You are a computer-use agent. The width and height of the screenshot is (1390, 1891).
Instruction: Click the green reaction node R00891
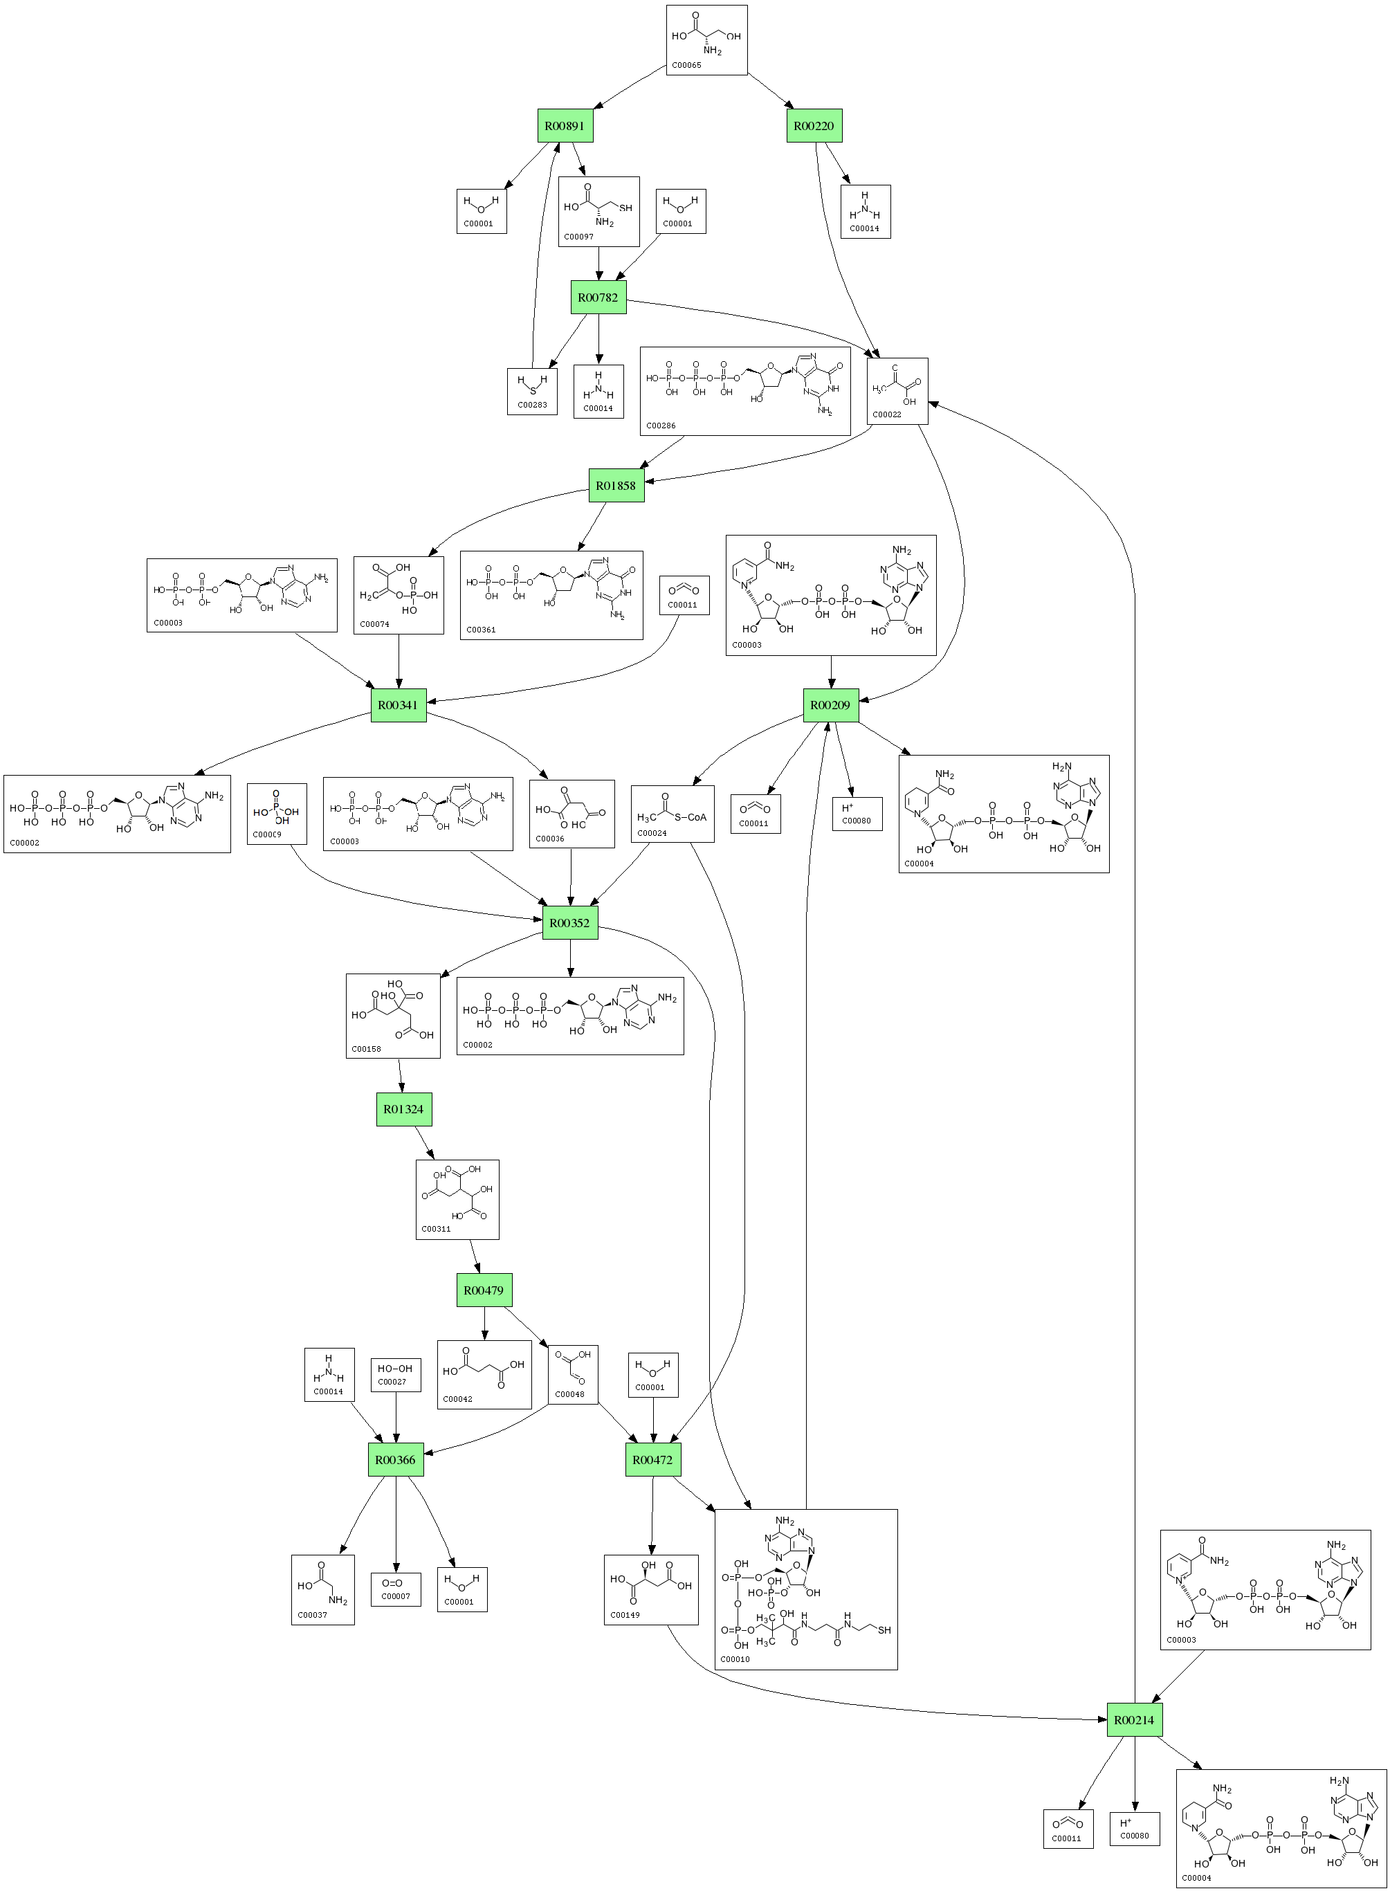pyautogui.click(x=565, y=126)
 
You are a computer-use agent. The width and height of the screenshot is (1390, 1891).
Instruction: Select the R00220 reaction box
pyautogui.click(x=814, y=126)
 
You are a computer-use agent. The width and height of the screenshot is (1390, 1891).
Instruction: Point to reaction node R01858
pyautogui.click(x=616, y=485)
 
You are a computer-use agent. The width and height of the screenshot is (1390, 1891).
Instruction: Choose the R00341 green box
pyautogui.click(x=398, y=705)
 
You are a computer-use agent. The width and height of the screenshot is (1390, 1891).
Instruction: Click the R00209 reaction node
pyautogui.click(x=830, y=705)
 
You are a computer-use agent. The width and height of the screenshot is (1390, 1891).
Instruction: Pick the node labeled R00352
pyautogui.click(x=569, y=923)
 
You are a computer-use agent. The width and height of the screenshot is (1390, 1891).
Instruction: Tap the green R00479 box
pyautogui.click(x=484, y=1290)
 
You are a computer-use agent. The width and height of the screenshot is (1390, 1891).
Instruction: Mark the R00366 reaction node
pyautogui.click(x=396, y=1459)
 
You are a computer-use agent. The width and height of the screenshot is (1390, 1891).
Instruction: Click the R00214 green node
pyautogui.click(x=1133, y=1720)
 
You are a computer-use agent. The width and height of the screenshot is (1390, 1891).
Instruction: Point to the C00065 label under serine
pyautogui.click(x=686, y=65)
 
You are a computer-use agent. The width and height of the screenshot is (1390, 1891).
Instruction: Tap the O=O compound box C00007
pyautogui.click(x=396, y=1588)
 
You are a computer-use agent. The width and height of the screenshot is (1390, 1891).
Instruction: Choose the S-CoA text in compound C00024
pyautogui.click(x=690, y=816)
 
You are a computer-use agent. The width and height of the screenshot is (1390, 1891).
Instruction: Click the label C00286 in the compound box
pyautogui.click(x=661, y=426)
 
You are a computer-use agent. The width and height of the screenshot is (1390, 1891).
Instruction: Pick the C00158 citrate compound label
pyautogui.click(x=366, y=1049)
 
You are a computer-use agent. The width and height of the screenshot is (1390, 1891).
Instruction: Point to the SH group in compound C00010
pyautogui.click(x=884, y=1630)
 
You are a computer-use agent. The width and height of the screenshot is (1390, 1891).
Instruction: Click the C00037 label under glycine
pyautogui.click(x=312, y=1615)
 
